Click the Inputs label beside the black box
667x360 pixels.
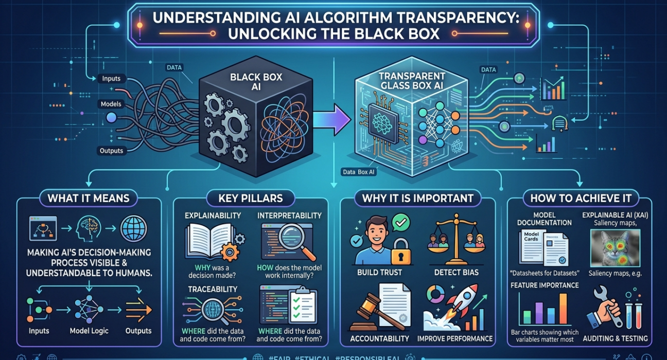click(x=111, y=79)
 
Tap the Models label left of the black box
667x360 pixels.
click(x=111, y=104)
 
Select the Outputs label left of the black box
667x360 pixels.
click(x=111, y=151)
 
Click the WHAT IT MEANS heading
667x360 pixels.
click(x=89, y=197)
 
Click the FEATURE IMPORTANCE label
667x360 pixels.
click(x=544, y=285)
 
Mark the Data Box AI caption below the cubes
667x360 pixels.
click(x=359, y=172)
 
